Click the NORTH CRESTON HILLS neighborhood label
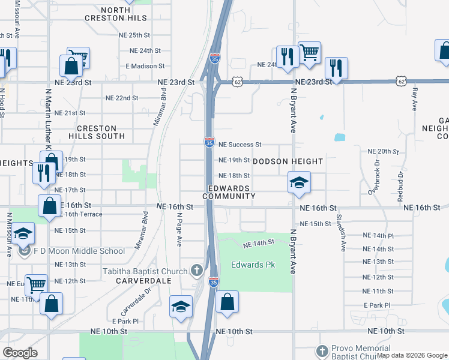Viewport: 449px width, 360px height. click(125, 14)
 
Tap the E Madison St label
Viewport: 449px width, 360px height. click(145, 66)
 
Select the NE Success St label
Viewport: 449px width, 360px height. click(240, 145)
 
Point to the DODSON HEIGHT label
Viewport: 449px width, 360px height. click(288, 161)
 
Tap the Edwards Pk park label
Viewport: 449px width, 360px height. click(253, 265)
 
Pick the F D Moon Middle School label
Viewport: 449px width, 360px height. click(88, 251)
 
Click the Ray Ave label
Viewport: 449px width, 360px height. click(414, 98)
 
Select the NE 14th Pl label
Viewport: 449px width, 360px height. click(378, 237)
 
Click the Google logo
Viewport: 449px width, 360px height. click(20, 353)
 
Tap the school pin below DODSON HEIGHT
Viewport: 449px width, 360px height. click(298, 182)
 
